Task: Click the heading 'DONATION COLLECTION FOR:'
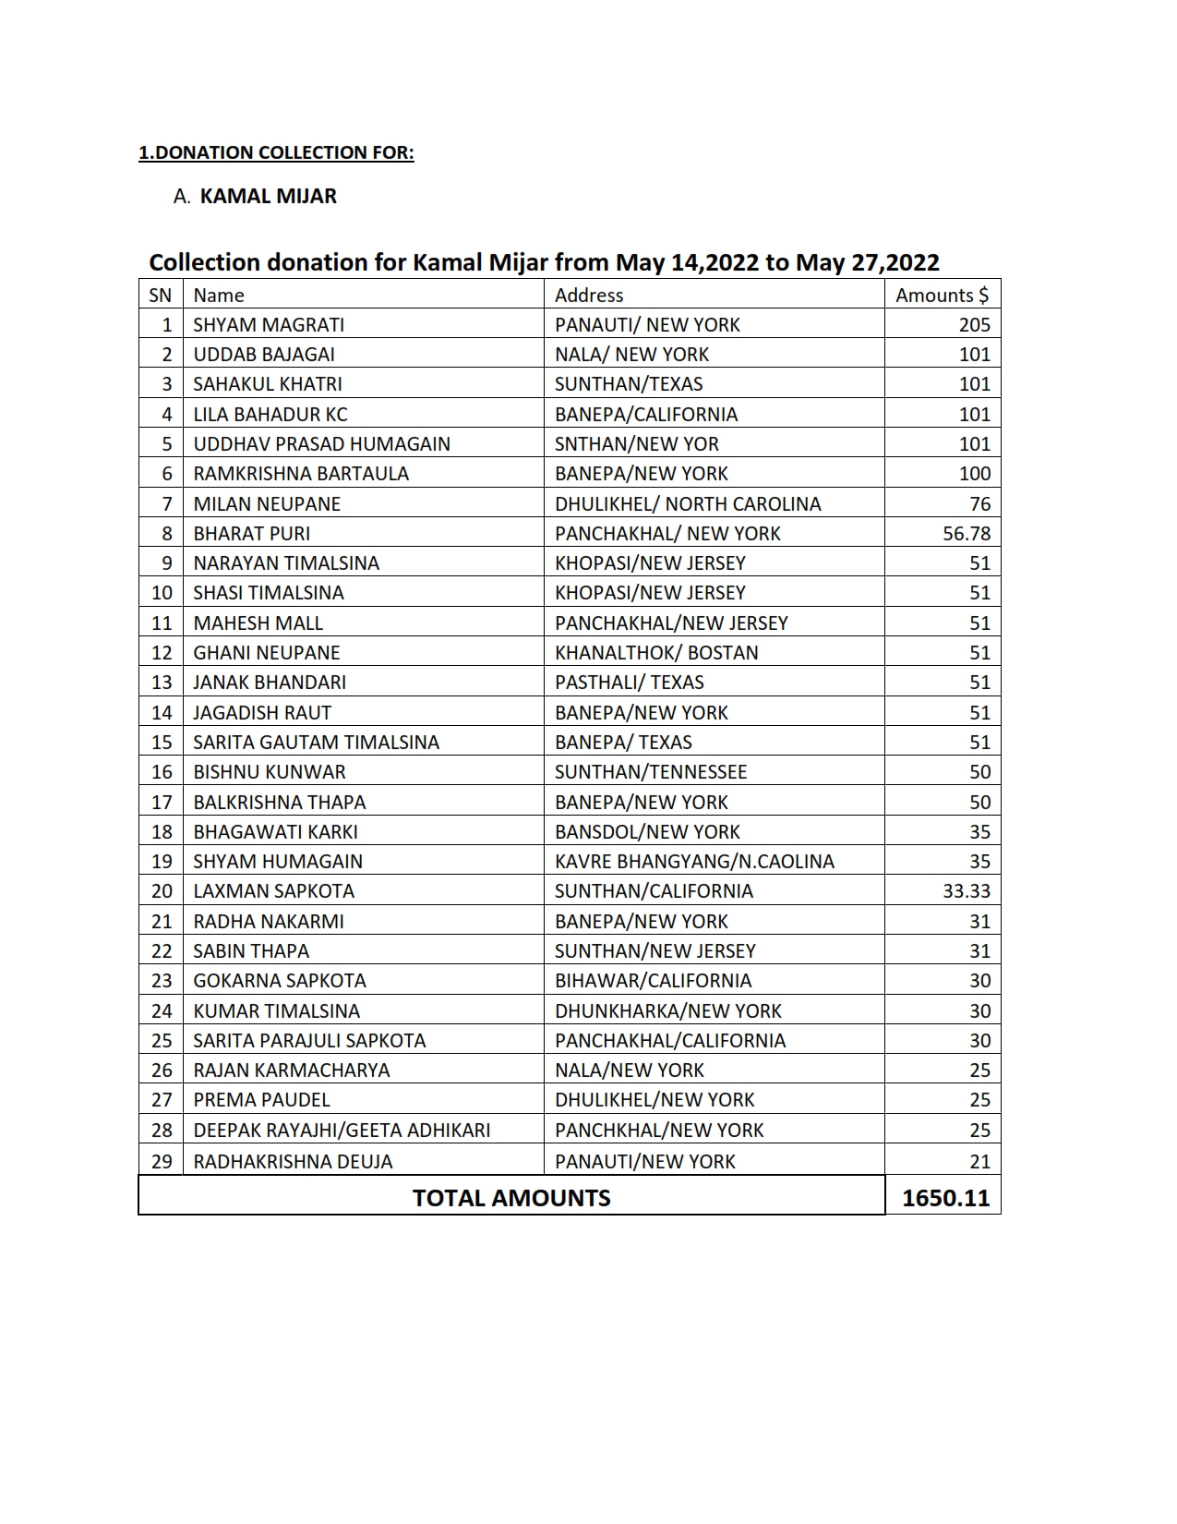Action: click(283, 152)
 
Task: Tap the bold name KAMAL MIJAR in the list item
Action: click(268, 196)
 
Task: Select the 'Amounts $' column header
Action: click(942, 295)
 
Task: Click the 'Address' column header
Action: click(589, 295)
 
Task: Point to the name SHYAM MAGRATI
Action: click(269, 324)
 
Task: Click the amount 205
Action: click(974, 324)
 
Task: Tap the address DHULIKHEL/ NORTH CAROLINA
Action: click(688, 503)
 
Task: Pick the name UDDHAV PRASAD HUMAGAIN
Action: click(321, 443)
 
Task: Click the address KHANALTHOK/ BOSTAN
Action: click(656, 652)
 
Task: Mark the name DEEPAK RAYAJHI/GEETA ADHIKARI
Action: click(342, 1130)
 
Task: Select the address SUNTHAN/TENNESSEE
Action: click(651, 771)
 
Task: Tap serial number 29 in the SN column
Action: click(162, 1161)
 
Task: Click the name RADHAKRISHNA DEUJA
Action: click(293, 1161)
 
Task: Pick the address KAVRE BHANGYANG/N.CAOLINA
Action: click(694, 861)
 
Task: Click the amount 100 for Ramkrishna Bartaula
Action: click(975, 473)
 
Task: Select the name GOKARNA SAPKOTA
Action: click(280, 980)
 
